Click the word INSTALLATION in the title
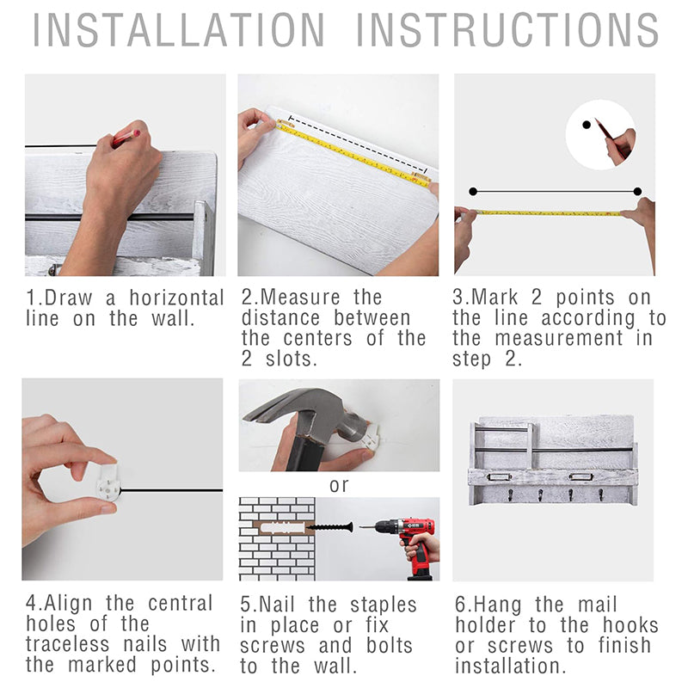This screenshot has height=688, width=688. tap(179, 30)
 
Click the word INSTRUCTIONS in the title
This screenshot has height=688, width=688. tap(507, 30)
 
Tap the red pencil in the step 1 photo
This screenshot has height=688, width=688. tap(126, 138)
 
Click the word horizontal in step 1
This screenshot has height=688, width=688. tap(177, 298)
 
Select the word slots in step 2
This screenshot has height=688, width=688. tap(291, 359)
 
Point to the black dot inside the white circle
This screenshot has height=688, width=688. tap(587, 125)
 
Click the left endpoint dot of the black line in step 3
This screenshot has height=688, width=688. tap(473, 191)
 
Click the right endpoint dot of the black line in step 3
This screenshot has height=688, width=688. tap(637, 191)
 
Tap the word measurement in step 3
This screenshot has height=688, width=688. tap(559, 338)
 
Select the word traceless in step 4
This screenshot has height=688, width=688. tap(67, 644)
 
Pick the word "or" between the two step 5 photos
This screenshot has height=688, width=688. tap(339, 485)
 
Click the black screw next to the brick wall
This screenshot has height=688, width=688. tap(330, 526)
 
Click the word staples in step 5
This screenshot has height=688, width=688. tap(383, 605)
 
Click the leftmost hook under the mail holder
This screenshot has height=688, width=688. tap(510, 495)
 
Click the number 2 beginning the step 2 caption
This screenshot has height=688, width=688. tap(247, 298)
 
